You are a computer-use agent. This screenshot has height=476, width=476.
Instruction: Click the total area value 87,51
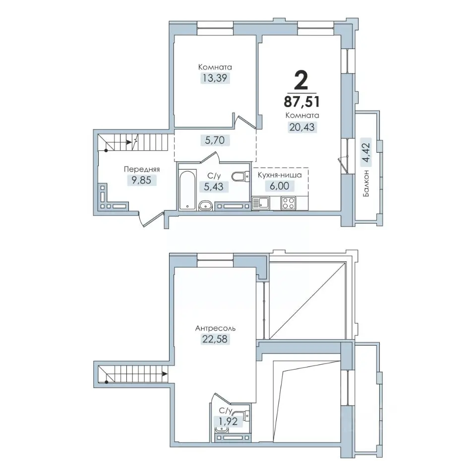pyautogui.click(x=302, y=102)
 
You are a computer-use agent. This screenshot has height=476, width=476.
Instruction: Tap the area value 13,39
pyautogui.click(x=215, y=78)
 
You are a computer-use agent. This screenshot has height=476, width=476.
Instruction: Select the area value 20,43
pyautogui.click(x=302, y=126)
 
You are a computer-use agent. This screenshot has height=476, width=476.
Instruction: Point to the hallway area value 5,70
pyautogui.click(x=215, y=140)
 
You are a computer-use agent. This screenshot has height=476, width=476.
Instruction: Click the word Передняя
pyautogui.click(x=142, y=170)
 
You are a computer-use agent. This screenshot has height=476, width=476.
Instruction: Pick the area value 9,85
pyautogui.click(x=141, y=180)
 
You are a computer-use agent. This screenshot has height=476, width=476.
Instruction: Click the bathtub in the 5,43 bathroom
pyautogui.click(x=186, y=190)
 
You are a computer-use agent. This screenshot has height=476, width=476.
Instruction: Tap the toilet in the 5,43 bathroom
pyautogui.click(x=240, y=176)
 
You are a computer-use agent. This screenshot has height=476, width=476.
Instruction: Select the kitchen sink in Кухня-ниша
pyautogui.click(x=261, y=203)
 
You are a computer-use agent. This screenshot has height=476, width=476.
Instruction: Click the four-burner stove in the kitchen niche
pyautogui.click(x=288, y=203)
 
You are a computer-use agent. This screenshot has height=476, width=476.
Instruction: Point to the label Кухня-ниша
pyautogui.click(x=280, y=175)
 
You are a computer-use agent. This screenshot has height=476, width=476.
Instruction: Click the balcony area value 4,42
pyautogui.click(x=366, y=153)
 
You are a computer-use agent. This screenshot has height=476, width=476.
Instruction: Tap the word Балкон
pyautogui.click(x=366, y=183)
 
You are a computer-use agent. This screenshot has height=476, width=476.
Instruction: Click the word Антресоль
pyautogui.click(x=215, y=328)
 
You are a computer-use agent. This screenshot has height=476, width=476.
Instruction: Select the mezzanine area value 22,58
pyautogui.click(x=215, y=339)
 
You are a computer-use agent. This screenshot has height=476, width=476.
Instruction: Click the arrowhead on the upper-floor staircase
pyautogui.click(x=165, y=373)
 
